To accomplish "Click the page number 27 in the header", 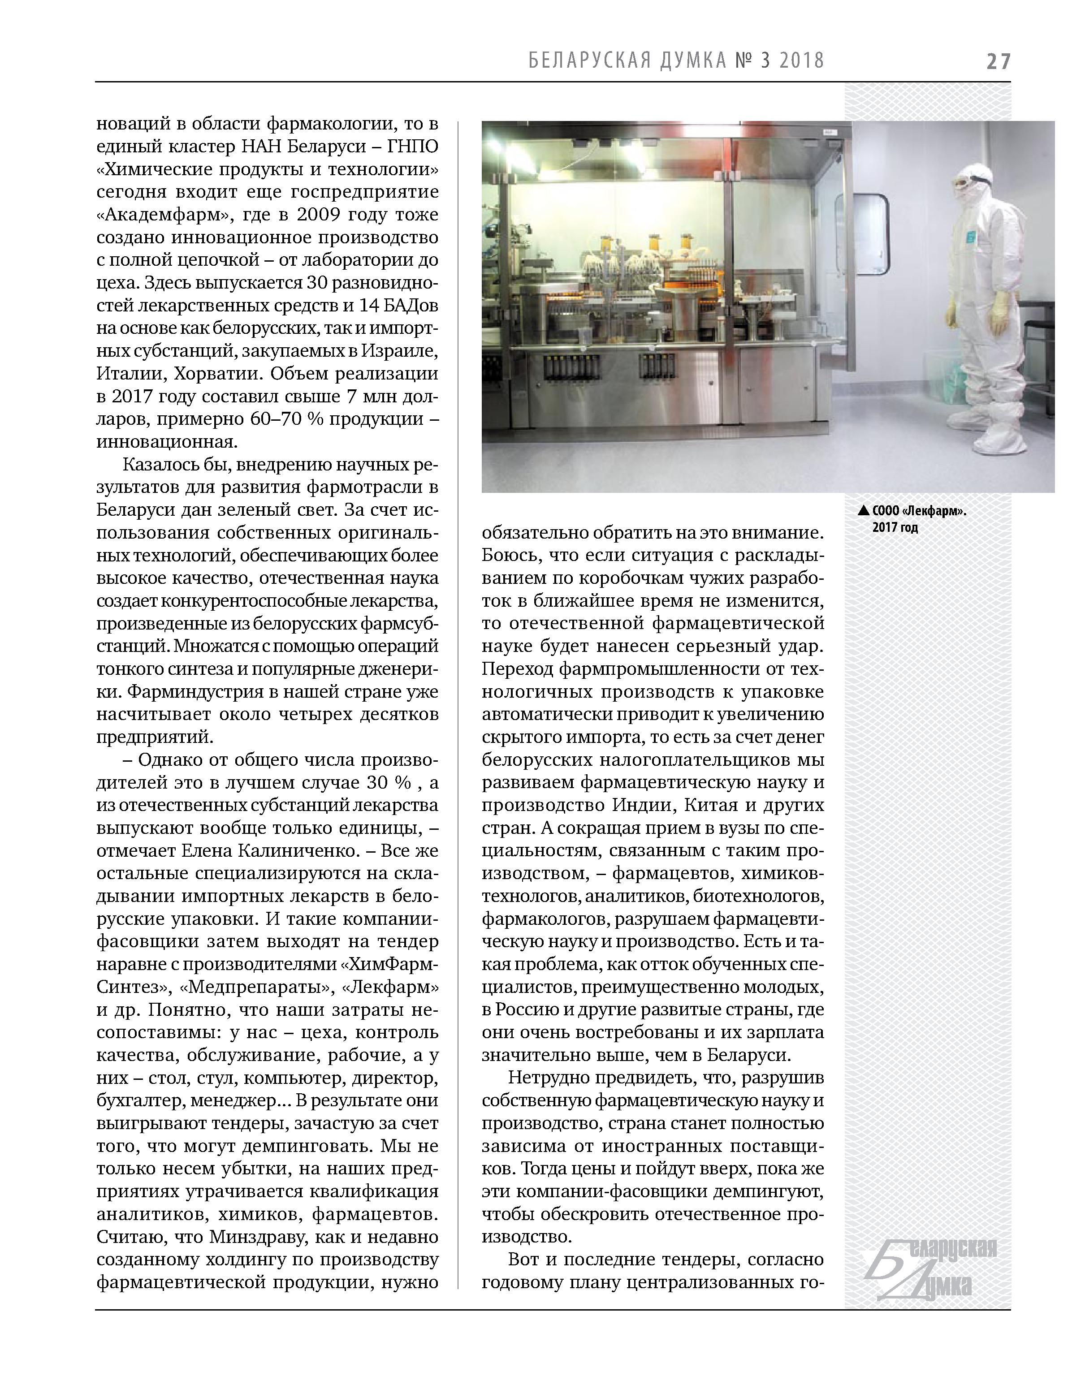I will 997,61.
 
